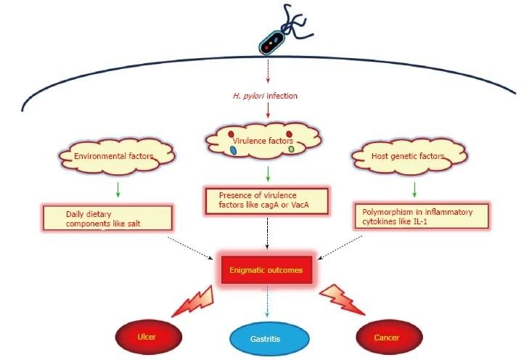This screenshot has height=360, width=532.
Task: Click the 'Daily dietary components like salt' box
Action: pyautogui.click(x=106, y=216)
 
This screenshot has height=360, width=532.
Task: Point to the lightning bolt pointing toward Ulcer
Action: pyautogui.click(x=192, y=300)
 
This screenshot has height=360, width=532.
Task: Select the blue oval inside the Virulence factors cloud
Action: pyautogui.click(x=234, y=150)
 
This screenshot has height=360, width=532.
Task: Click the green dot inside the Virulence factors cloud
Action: pyautogui.click(x=291, y=149)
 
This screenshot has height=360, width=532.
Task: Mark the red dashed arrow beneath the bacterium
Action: pyautogui.click(x=268, y=71)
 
